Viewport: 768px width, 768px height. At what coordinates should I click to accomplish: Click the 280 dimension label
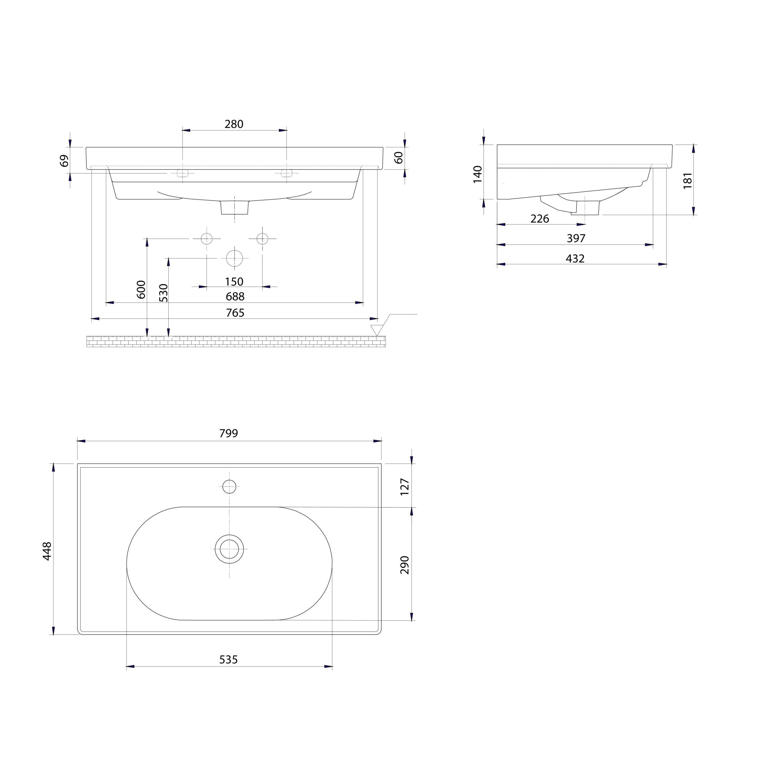click(x=234, y=124)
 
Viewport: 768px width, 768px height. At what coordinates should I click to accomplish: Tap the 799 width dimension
click(x=229, y=433)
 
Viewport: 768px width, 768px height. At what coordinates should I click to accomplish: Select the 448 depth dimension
click(x=47, y=551)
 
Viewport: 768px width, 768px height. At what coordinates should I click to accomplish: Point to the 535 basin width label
click(x=229, y=659)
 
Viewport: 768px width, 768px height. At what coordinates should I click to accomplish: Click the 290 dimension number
click(x=405, y=565)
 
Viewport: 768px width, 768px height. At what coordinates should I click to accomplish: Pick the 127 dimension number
click(x=405, y=487)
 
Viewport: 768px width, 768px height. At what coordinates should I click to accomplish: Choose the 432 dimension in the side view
click(x=575, y=259)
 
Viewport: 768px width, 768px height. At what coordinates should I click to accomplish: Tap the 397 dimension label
click(x=576, y=238)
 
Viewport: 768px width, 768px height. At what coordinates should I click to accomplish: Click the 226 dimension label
click(x=540, y=219)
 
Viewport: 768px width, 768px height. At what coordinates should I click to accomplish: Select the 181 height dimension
click(x=688, y=181)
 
